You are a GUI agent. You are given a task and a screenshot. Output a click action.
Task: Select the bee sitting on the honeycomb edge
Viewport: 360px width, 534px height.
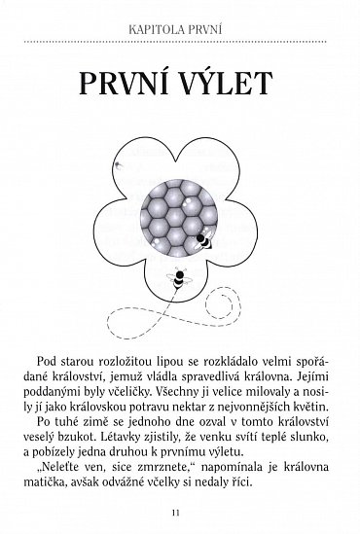click(205, 238)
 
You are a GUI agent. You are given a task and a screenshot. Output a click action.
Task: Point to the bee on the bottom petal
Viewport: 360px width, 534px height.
click(182, 279)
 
